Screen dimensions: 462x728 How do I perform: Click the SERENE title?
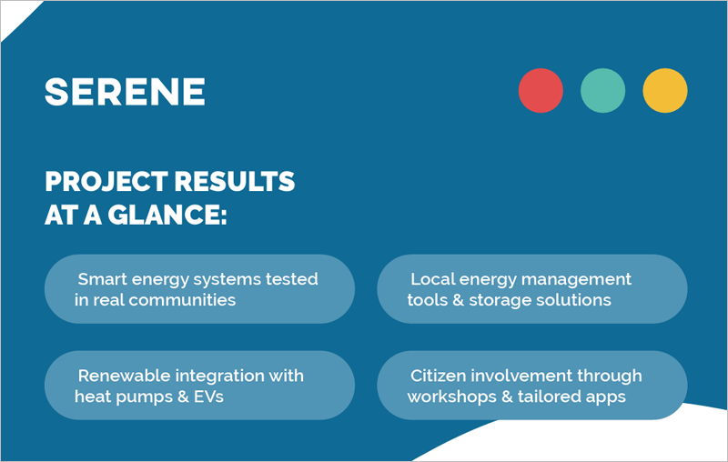tap(125, 91)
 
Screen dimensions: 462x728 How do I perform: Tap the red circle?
tap(541, 91)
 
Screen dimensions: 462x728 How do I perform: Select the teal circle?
tap(602, 91)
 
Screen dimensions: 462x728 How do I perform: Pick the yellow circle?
tap(664, 91)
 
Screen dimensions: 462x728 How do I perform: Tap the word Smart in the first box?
tap(102, 279)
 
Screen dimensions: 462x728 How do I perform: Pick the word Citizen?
tap(440, 376)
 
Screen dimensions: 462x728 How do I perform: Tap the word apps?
tap(605, 397)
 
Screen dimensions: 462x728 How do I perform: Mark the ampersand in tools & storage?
tap(456, 300)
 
